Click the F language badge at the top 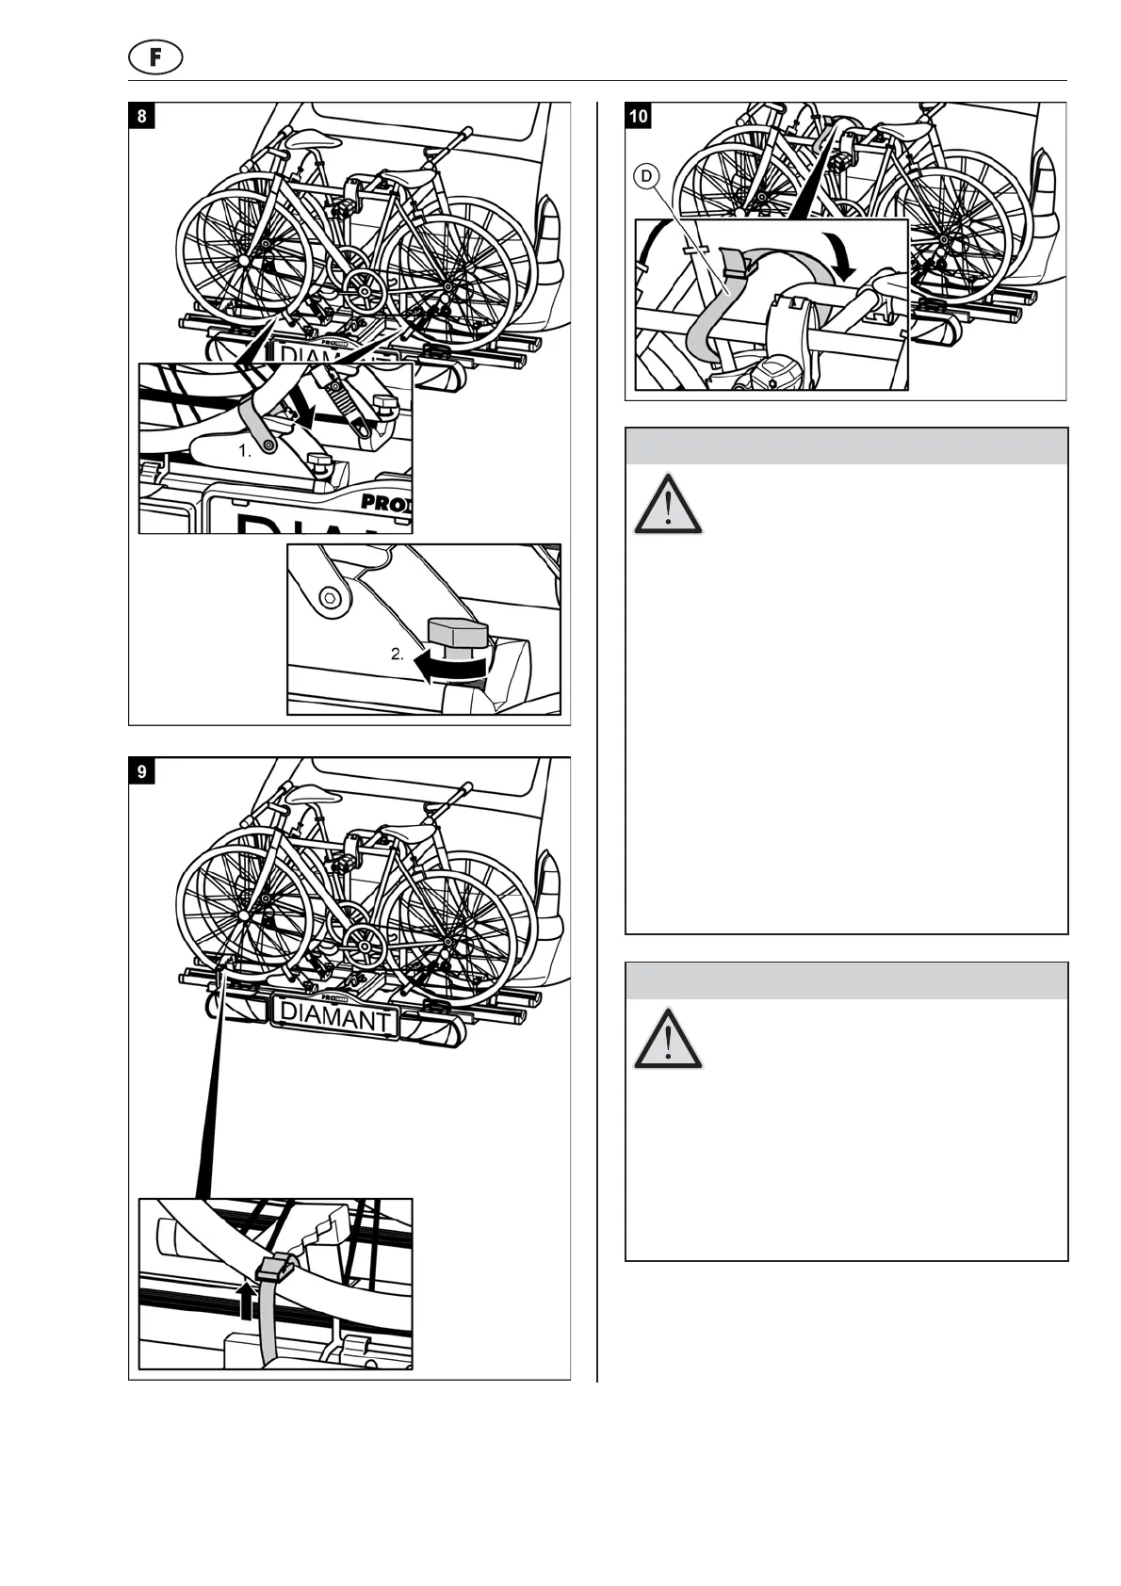[154, 57]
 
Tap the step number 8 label [142, 116]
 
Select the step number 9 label [142, 771]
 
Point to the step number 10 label [639, 116]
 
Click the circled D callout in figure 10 [646, 176]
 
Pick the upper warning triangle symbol [668, 505]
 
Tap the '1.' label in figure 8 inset [245, 451]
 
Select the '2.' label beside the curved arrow [398, 655]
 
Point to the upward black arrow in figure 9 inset [247, 1302]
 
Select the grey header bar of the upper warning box [846, 446]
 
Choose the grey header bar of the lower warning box [846, 980]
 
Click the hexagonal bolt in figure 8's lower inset [329, 597]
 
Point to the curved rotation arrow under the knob [452, 668]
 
